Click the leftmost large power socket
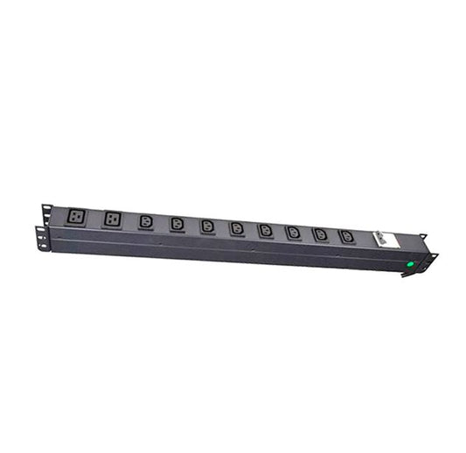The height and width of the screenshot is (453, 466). tap(75, 214)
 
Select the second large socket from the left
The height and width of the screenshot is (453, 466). tap(112, 218)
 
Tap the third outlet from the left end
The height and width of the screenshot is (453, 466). tap(146, 221)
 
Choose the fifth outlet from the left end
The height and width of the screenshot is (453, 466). tap(207, 226)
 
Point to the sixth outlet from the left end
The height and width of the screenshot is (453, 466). tap(237, 228)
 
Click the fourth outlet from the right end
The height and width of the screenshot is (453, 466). tap(266, 230)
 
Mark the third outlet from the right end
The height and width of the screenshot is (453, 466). tap(294, 233)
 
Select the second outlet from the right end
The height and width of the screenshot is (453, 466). tap(321, 234)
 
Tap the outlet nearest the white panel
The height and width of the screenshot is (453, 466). tap(347, 237)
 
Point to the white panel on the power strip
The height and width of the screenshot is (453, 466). tap(387, 240)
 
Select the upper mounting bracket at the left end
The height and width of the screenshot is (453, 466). tap(46, 213)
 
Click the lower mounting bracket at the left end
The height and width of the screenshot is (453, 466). tap(40, 236)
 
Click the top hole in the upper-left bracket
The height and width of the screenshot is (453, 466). tap(46, 208)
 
